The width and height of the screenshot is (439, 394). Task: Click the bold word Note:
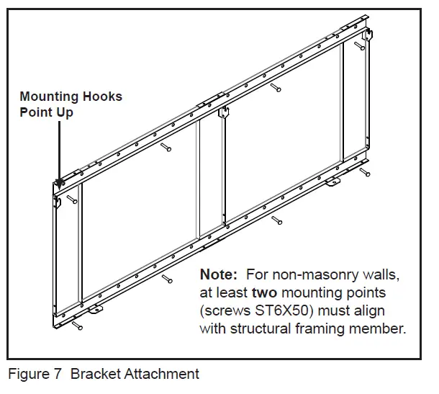click(x=219, y=275)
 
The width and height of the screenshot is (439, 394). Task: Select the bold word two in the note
click(x=264, y=293)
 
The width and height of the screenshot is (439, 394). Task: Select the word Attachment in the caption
click(x=164, y=374)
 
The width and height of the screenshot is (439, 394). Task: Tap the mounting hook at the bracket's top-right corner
click(x=368, y=34)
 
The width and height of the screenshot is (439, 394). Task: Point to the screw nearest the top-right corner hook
click(x=358, y=47)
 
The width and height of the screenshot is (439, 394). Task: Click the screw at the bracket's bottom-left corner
click(x=77, y=326)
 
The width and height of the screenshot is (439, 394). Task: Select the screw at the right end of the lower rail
click(x=366, y=173)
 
